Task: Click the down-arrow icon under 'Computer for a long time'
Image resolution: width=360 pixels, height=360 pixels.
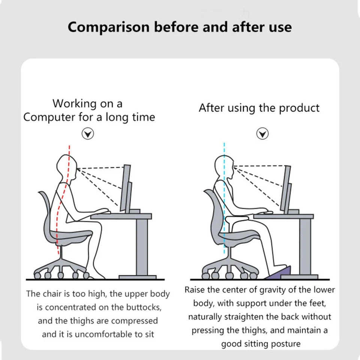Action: tap(88, 134)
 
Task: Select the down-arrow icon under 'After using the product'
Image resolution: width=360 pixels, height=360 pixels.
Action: tap(262, 133)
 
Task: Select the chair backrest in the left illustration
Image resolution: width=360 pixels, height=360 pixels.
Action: tap(47, 214)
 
